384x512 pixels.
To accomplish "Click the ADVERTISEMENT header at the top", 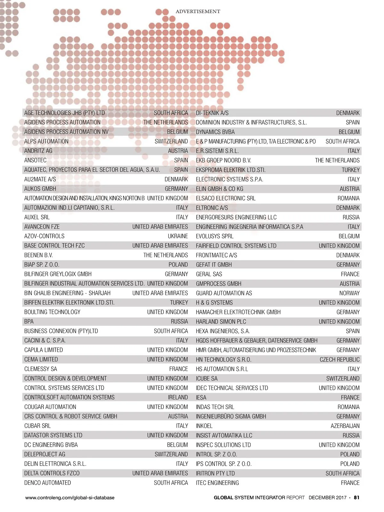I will click(x=198, y=12).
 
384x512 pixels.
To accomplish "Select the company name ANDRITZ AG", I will click(x=38, y=151).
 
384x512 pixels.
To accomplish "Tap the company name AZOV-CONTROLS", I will click(x=44, y=236).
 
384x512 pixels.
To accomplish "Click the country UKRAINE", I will click(x=178, y=236).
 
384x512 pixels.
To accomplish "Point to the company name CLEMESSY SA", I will click(x=41, y=369).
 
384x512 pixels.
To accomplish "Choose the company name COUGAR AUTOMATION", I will click(x=50, y=407).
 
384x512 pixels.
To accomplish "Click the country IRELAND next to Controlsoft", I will click(x=178, y=397).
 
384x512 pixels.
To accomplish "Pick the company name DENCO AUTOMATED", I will click(x=47, y=483).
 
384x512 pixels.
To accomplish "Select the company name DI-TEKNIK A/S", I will click(x=212, y=113).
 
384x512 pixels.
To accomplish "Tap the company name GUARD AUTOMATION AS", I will click(x=224, y=293).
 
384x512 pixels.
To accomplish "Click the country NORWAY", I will click(x=349, y=293).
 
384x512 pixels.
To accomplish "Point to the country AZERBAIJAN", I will click(x=345, y=426).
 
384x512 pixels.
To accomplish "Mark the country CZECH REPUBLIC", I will click(x=340, y=360).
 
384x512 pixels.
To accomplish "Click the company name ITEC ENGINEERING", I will click(x=217, y=483).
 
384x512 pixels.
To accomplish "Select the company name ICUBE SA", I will click(x=206, y=379).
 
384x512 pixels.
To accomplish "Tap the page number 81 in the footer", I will click(x=356, y=498).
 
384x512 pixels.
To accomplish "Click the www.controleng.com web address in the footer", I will click(x=70, y=498).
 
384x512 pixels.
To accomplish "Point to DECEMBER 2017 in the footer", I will click(x=327, y=498).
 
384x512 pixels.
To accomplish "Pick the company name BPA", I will click(x=29, y=322).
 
